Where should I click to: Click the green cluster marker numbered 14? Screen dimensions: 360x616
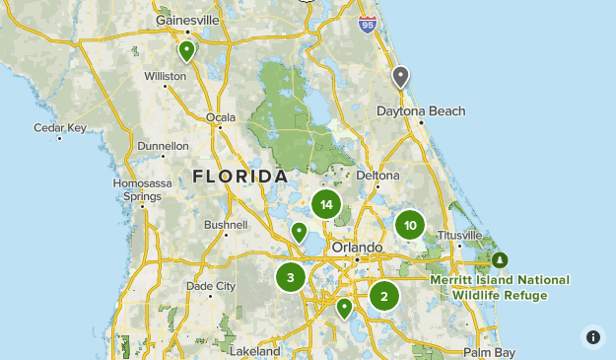click(x=326, y=205)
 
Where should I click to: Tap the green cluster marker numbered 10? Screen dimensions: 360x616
click(x=410, y=225)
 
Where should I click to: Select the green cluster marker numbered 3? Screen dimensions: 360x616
click(x=291, y=277)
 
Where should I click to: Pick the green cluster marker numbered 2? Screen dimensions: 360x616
click(x=384, y=295)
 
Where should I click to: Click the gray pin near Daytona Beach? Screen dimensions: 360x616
click(x=400, y=77)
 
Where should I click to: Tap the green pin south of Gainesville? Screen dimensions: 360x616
click(x=186, y=50)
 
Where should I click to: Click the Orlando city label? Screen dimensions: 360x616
click(x=357, y=247)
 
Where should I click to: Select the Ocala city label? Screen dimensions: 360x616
click(x=221, y=117)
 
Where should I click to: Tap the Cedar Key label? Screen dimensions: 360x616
click(x=60, y=127)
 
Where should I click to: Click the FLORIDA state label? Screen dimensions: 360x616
click(x=240, y=177)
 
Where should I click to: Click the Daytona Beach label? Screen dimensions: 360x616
click(x=421, y=111)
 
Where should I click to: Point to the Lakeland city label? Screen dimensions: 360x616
click(x=255, y=350)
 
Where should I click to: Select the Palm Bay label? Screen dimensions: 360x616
click(x=490, y=352)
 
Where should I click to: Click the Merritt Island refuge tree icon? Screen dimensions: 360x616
click(x=500, y=259)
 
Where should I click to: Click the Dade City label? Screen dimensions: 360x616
click(x=211, y=286)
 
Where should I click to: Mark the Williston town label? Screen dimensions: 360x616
click(x=165, y=76)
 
